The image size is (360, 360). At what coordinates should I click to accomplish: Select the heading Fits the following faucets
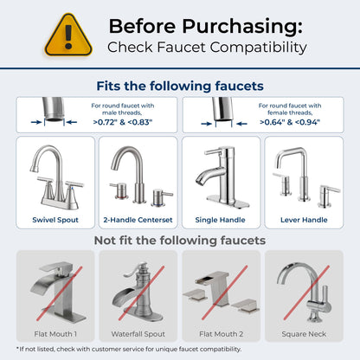[179, 86]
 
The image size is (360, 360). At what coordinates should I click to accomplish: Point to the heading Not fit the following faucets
[179, 240]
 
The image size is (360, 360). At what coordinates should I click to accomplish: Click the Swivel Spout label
[55, 220]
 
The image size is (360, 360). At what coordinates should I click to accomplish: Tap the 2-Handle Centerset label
[138, 220]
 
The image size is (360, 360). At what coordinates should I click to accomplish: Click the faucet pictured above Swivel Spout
[55, 177]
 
